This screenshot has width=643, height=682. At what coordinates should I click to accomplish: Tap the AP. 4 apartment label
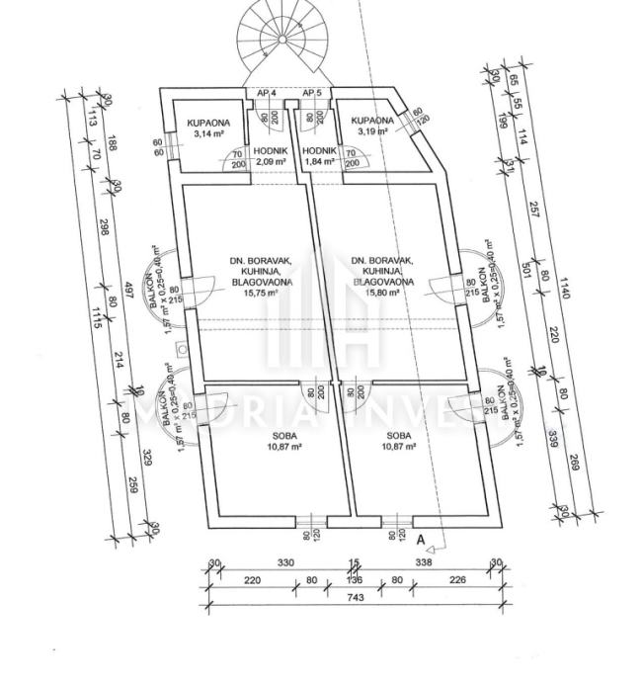266,93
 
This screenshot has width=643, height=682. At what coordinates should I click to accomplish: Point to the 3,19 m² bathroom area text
372,130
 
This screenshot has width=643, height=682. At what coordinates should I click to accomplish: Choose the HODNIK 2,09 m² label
270,157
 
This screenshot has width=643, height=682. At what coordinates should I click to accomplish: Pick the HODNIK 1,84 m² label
322,157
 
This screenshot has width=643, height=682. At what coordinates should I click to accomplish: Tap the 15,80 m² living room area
383,293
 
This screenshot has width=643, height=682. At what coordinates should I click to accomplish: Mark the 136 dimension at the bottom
355,581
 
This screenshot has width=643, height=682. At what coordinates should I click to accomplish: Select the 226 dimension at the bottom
456,581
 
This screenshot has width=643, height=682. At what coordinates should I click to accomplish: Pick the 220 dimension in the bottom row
251,581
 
